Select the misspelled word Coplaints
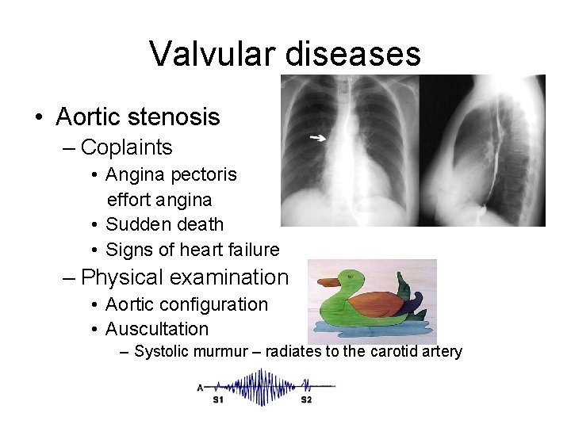[126, 147]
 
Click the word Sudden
[133, 225]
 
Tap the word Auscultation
[157, 329]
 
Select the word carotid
[397, 351]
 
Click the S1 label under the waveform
[218, 399]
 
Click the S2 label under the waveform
[306, 399]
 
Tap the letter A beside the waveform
[201, 387]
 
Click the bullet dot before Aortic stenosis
[38, 118]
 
